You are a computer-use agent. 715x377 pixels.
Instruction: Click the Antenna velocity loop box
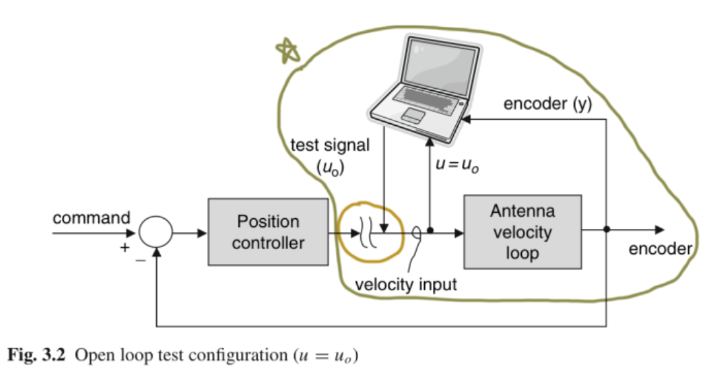[522, 232]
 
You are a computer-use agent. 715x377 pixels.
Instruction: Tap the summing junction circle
[155, 233]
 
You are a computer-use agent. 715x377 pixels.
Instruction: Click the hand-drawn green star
[287, 50]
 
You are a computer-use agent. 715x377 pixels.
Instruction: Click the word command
[91, 218]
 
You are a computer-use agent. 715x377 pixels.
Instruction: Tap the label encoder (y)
[547, 104]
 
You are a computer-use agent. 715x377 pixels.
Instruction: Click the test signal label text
[330, 146]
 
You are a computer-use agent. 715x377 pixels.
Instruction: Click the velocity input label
[406, 284]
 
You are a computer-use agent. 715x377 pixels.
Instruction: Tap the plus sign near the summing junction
[124, 248]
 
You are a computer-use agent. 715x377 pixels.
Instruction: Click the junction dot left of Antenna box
[430, 232]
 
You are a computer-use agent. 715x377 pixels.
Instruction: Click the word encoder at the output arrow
[659, 249]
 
